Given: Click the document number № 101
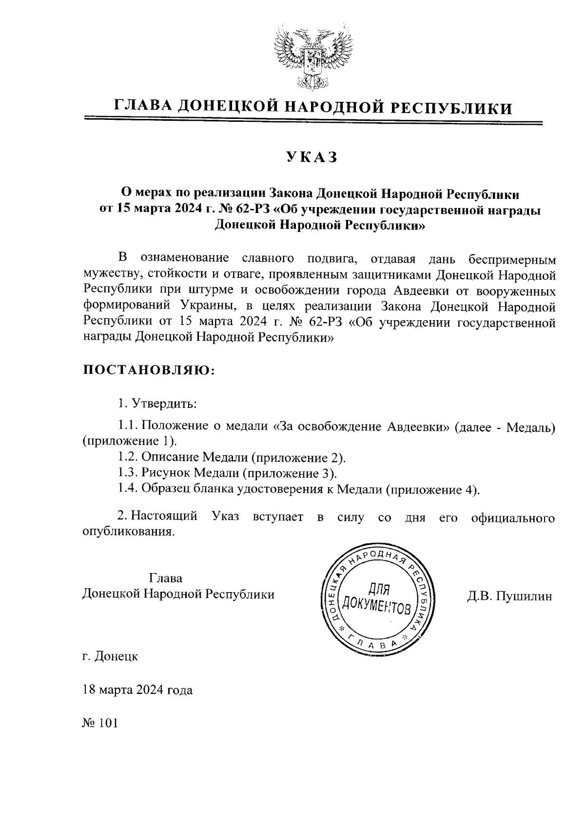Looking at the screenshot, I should click(100, 723).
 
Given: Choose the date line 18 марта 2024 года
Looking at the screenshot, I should click(137, 690).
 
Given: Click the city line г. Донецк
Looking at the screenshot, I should click(110, 656).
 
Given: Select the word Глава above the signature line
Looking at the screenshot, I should click(166, 578).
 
